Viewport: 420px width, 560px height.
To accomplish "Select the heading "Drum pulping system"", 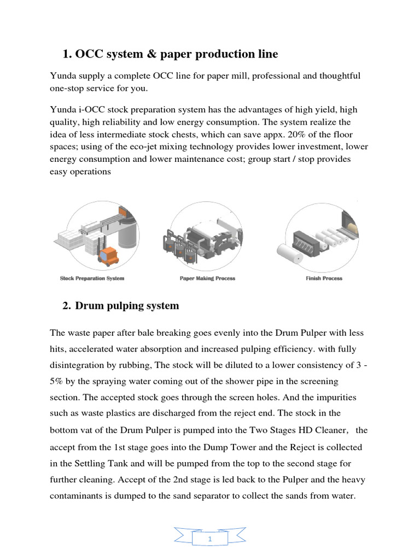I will pos(127,306).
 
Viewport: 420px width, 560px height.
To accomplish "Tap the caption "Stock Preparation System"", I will pos(92,278).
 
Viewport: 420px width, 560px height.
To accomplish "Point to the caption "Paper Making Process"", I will pos(207,278).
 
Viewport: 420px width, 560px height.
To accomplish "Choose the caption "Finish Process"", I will pos(324,278).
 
